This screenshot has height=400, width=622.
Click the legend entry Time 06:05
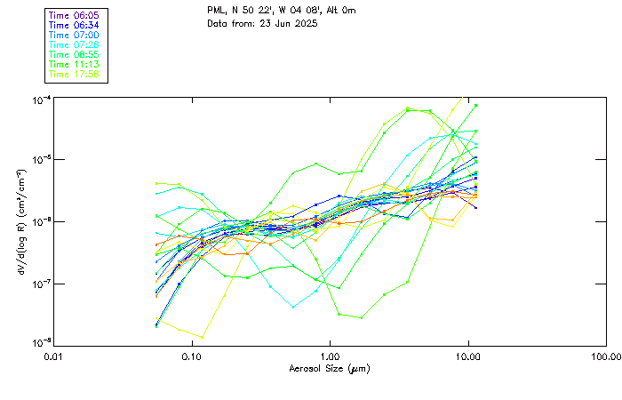click(x=75, y=15)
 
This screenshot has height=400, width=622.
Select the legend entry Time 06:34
click(x=75, y=25)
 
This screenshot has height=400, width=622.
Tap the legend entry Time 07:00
click(x=75, y=35)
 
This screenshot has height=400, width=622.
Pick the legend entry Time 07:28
click(x=75, y=44)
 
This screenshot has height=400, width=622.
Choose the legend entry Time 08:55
click(x=75, y=54)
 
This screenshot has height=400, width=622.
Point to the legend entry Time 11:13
click(x=75, y=64)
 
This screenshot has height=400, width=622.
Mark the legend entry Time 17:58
click(x=75, y=74)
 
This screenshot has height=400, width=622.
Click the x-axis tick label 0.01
click(x=54, y=356)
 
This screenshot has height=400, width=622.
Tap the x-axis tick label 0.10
click(x=192, y=356)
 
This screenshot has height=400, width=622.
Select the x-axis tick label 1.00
click(x=330, y=356)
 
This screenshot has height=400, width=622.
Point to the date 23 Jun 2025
click(x=276, y=23)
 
